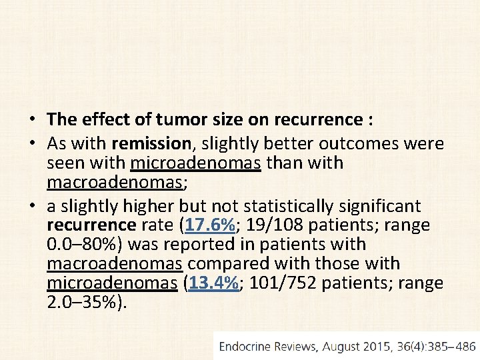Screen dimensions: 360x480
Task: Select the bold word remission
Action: pyautogui.click(x=151, y=143)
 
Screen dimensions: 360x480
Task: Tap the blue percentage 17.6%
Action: pyautogui.click(x=211, y=225)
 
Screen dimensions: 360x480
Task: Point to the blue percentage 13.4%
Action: pyautogui.click(x=214, y=283)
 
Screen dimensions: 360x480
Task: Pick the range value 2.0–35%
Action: pyautogui.click(x=85, y=303)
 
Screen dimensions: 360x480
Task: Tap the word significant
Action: pyautogui.click(x=381, y=206)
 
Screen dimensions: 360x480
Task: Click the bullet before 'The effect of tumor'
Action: pyautogui.click(x=31, y=121)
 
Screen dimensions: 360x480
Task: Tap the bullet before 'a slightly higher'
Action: pyautogui.click(x=31, y=207)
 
